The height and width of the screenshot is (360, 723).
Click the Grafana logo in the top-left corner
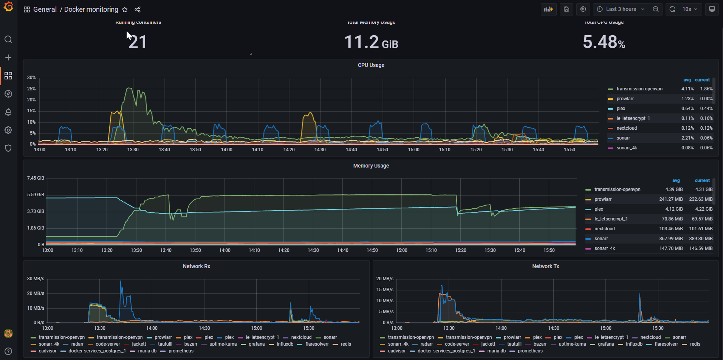[8, 7]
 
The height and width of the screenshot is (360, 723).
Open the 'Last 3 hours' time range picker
[621, 9]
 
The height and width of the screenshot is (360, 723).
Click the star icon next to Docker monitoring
[125, 9]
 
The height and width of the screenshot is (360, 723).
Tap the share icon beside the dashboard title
[138, 9]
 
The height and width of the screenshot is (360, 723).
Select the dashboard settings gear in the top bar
[583, 9]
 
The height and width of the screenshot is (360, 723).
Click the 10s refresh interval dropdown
[690, 9]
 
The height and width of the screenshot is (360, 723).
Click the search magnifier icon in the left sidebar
[8, 39]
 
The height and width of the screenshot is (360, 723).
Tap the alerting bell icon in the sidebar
[8, 112]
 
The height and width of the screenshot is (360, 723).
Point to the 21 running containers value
[138, 42]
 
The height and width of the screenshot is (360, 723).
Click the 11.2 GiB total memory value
[371, 42]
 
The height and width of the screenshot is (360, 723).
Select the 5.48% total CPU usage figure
[604, 42]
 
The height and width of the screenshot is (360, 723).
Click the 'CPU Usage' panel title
[371, 65]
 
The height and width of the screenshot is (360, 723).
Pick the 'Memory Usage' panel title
[371, 166]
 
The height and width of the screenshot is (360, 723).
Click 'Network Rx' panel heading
[196, 266]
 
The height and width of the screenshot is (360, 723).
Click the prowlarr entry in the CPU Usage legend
[625, 99]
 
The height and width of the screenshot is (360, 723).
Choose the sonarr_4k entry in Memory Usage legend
[605, 248]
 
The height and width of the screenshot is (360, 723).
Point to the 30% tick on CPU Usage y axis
[31, 78]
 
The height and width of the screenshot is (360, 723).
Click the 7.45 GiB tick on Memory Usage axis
[36, 178]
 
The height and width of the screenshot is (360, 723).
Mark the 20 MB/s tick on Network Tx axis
[385, 279]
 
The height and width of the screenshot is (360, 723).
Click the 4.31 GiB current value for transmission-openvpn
[704, 189]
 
